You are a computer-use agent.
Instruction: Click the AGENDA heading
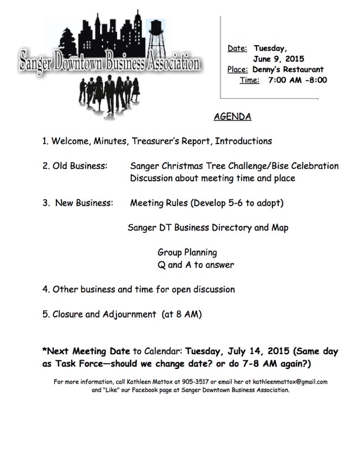coord(232,116)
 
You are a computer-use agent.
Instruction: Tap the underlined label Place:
coord(237,69)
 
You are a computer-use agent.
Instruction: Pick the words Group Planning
coord(183,252)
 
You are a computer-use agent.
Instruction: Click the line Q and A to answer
coord(192,264)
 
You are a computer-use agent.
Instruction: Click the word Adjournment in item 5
coord(130,314)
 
